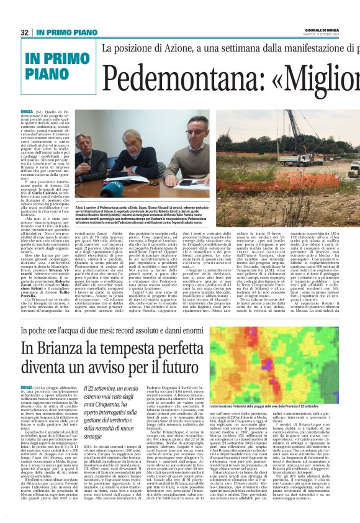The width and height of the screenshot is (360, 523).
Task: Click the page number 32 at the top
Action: click(x=24, y=32)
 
